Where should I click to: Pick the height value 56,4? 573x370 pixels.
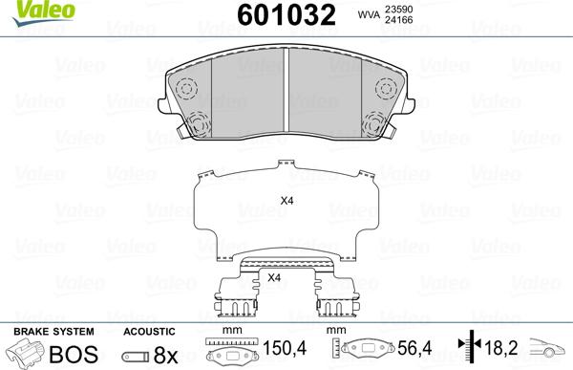point(413,351)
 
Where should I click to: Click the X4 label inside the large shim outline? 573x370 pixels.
point(286,200)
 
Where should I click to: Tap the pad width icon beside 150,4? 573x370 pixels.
point(228,351)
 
